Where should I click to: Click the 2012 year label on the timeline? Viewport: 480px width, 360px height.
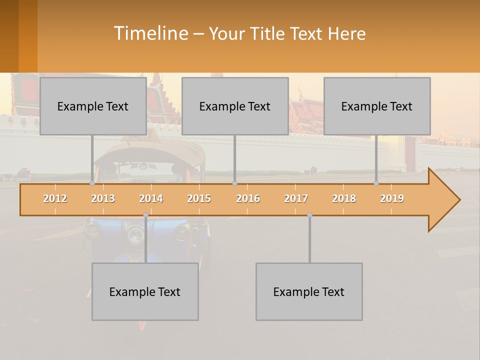pos(55,198)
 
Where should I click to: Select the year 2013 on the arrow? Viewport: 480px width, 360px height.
pos(103,198)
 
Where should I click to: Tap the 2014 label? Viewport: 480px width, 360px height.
pos(151,198)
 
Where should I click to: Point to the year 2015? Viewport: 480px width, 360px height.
pos(199,198)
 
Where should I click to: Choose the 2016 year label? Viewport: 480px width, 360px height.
pos(248,198)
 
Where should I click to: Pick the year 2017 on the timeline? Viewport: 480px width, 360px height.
pos(296,198)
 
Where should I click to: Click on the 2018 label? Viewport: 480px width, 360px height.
pos(344,198)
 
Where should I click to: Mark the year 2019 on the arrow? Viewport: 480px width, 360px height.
pos(392,198)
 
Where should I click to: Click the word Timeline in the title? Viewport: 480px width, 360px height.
pos(150,33)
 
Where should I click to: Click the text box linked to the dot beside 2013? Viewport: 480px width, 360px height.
pos(93,106)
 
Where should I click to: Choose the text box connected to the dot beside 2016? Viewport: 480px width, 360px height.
pos(235,106)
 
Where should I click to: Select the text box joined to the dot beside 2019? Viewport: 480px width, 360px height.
pos(377,106)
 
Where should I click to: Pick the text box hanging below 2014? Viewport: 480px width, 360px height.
pos(145,291)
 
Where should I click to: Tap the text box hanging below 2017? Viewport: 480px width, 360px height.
pos(309,291)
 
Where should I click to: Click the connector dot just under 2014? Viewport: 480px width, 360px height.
pos(145,215)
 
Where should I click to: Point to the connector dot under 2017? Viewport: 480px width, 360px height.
pos(309,215)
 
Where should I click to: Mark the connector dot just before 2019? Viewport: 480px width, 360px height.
pos(376,183)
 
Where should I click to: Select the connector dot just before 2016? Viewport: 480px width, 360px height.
pos(234,183)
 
